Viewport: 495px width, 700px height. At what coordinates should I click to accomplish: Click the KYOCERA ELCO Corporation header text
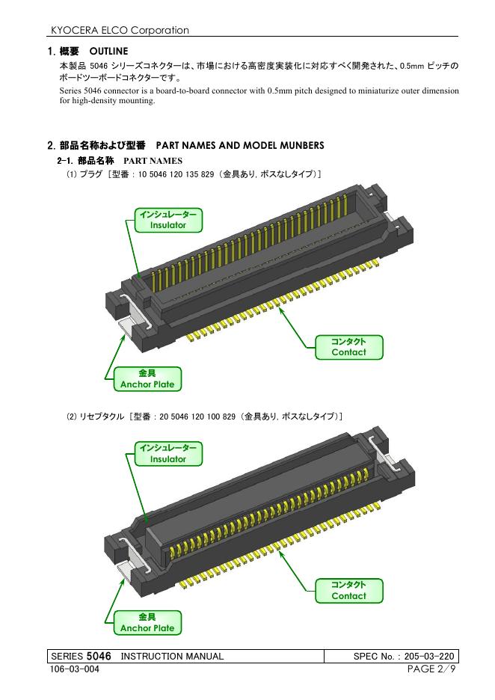click(x=120, y=31)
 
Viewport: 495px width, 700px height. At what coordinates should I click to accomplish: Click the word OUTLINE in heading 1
click(x=108, y=52)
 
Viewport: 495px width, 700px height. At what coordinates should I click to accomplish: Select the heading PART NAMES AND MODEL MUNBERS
click(x=240, y=146)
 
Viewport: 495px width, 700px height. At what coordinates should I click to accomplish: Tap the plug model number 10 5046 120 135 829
click(x=176, y=174)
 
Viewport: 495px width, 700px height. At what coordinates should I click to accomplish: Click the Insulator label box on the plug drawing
click(x=168, y=220)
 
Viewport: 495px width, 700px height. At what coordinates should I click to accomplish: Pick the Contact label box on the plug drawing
click(x=348, y=347)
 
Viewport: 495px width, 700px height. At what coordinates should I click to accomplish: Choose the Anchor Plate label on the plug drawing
click(x=147, y=379)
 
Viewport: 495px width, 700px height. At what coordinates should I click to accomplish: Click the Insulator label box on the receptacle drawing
click(x=168, y=453)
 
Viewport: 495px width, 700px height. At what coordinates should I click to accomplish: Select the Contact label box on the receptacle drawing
click(x=348, y=591)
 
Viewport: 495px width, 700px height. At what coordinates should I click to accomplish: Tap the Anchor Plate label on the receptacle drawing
click(x=147, y=623)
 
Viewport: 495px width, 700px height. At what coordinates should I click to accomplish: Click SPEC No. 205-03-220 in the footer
click(x=404, y=657)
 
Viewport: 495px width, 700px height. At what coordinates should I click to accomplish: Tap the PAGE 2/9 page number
click(x=431, y=669)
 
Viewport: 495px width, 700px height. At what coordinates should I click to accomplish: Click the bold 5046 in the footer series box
click(x=99, y=656)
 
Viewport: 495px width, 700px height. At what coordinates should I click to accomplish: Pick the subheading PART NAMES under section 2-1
click(x=153, y=161)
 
